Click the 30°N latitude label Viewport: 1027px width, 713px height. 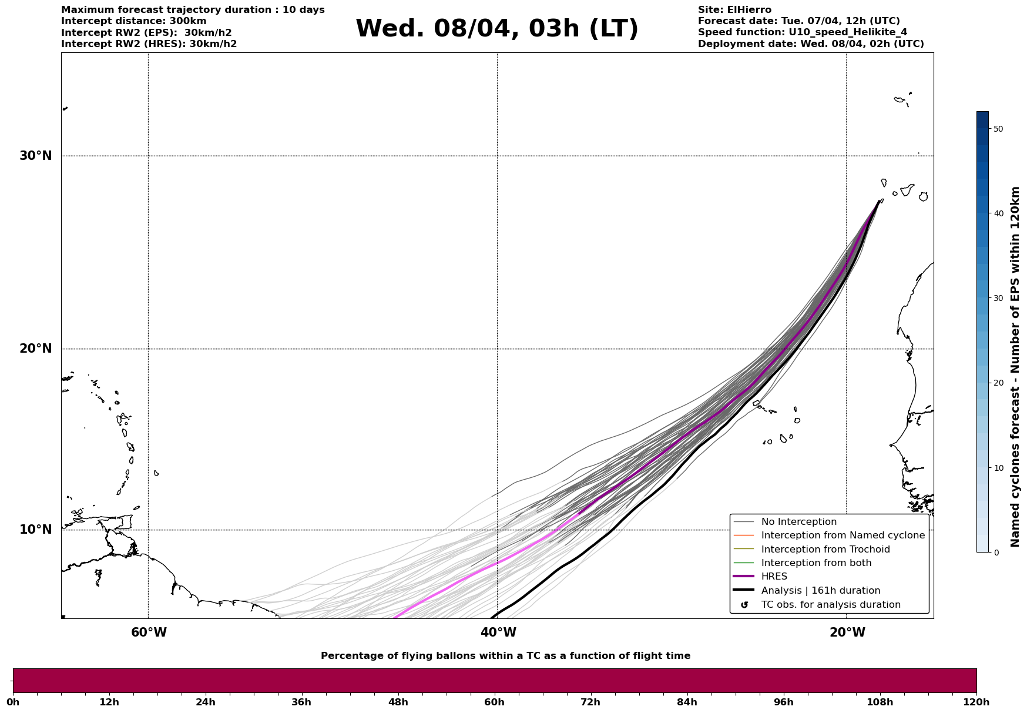click(x=35, y=156)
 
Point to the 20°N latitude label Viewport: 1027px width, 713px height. click(x=35, y=349)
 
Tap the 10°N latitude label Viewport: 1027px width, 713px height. click(x=35, y=530)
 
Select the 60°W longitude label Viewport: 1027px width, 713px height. click(x=149, y=632)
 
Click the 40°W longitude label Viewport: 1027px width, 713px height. click(x=498, y=632)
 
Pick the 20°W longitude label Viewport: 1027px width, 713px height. click(x=847, y=632)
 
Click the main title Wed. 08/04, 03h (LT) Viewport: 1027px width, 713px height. click(x=496, y=29)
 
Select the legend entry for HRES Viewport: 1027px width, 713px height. click(x=774, y=577)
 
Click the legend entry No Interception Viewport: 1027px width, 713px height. click(x=798, y=522)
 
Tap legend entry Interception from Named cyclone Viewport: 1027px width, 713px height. click(x=843, y=535)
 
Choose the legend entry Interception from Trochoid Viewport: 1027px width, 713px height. click(x=825, y=550)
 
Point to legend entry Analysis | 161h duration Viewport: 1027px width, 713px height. click(x=820, y=591)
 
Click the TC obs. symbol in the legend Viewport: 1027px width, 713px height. click(x=744, y=605)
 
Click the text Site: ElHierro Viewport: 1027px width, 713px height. click(x=734, y=10)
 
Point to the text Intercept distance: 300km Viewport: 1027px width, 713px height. click(x=133, y=21)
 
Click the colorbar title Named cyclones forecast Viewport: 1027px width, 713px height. click(x=1015, y=367)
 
